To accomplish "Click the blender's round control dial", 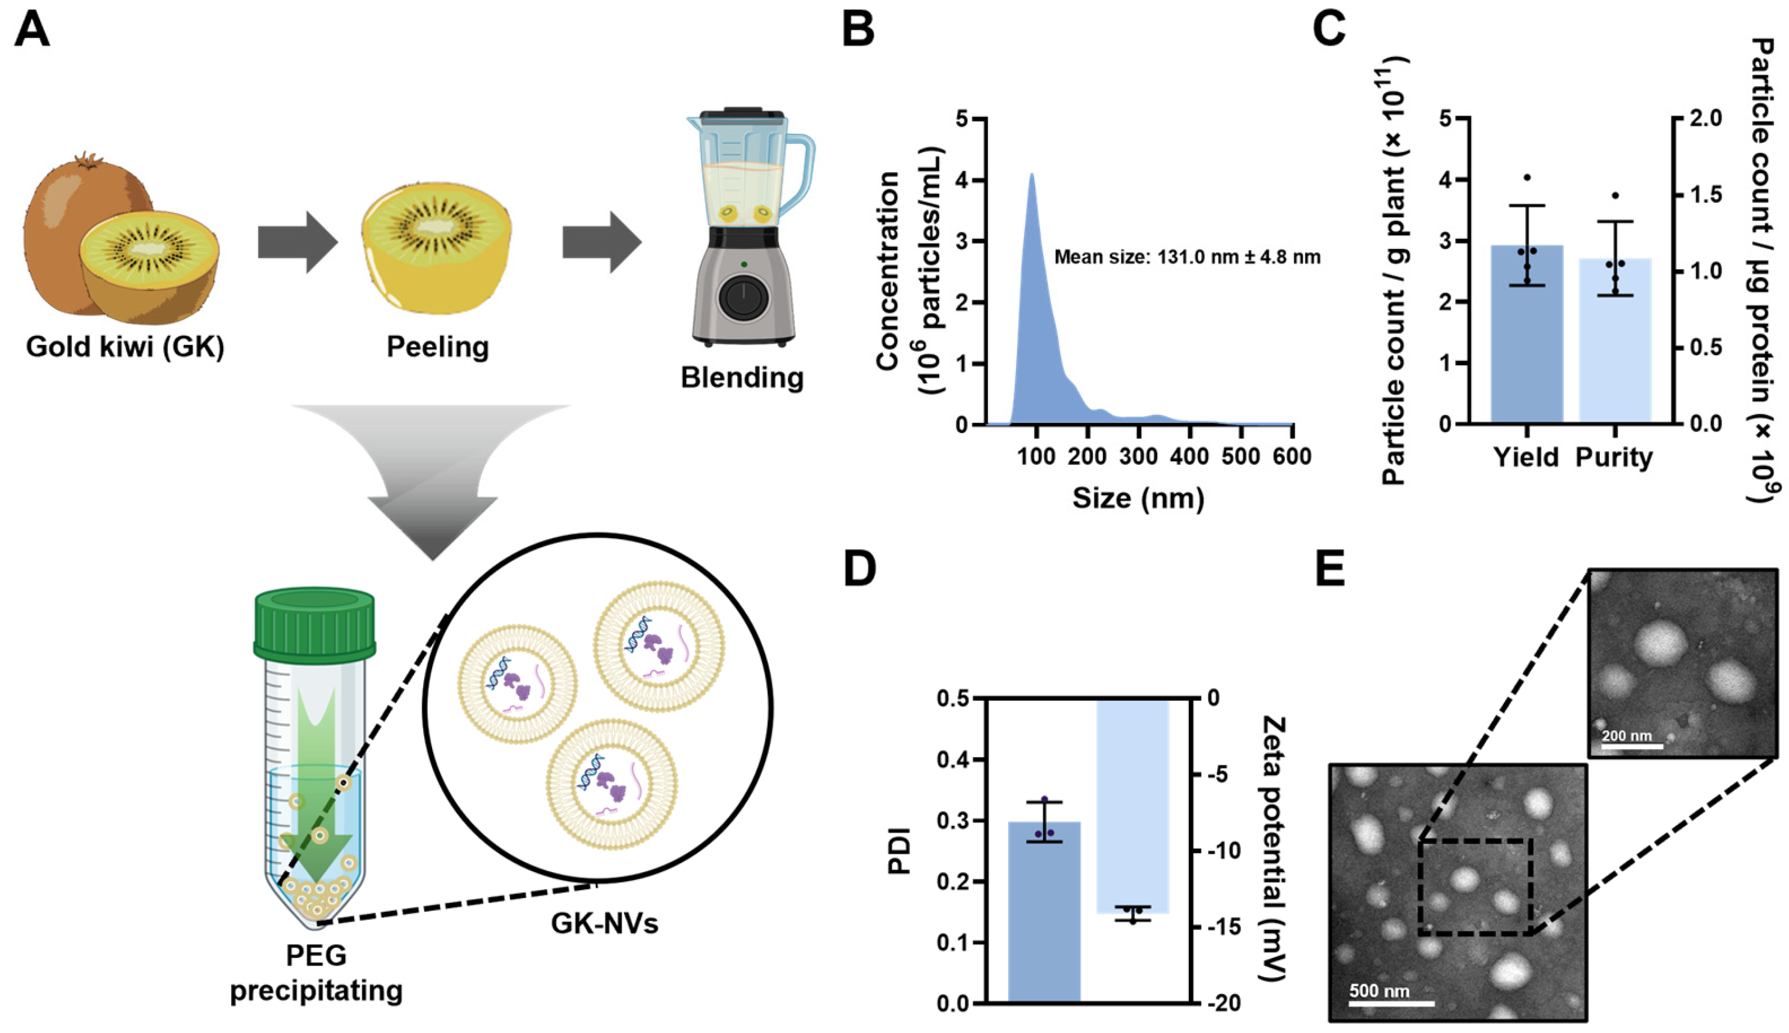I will [x=743, y=298].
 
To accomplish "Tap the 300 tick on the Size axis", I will [x=1138, y=455].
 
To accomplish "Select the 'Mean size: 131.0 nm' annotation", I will [x=1186, y=257].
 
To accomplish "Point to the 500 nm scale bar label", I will [x=1379, y=990].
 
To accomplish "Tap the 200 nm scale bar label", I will [x=1626, y=735].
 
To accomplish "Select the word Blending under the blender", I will [x=742, y=377].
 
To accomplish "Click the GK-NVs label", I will [x=604, y=923].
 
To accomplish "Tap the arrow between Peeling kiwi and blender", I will [x=602, y=242].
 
